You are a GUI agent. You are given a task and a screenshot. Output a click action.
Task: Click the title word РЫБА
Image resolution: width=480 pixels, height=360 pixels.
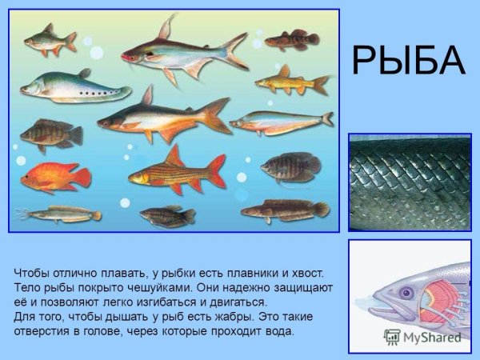click(x=408, y=61)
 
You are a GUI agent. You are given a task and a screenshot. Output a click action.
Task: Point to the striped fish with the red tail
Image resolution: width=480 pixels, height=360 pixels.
click(x=176, y=170)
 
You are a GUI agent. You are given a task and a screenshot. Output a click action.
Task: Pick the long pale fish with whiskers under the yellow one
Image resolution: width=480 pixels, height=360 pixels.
click(x=280, y=122)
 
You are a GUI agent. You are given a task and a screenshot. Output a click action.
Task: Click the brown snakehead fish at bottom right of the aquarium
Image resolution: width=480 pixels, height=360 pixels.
click(x=284, y=210)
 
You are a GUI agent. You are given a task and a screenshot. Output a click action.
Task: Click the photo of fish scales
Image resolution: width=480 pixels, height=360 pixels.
click(x=410, y=182)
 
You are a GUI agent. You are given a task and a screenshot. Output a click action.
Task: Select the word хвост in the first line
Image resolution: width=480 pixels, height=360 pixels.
click(x=305, y=273)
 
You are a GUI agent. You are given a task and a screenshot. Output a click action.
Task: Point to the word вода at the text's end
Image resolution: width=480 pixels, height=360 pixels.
click(x=277, y=330)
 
